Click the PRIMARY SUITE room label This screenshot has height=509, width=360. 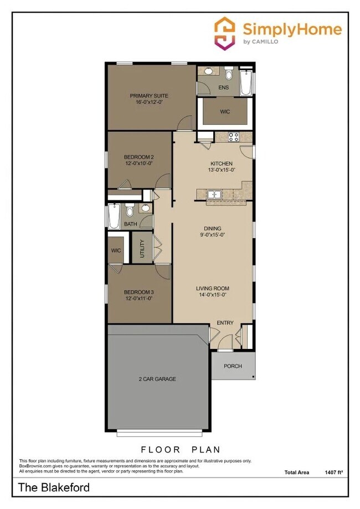click(x=149, y=99)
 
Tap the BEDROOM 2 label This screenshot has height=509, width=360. click(x=138, y=160)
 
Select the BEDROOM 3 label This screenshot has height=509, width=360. click(x=138, y=295)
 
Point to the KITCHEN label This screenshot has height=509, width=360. click(x=221, y=167)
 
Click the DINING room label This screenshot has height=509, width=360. click(x=212, y=231)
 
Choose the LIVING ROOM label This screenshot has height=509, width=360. click(x=212, y=291)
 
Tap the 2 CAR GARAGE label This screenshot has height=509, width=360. click(x=157, y=379)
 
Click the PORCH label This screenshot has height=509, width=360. click(x=233, y=366)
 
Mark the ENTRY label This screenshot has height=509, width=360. click(x=225, y=323)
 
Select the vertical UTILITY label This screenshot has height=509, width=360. click(x=142, y=248)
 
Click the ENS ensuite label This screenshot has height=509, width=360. click(x=224, y=88)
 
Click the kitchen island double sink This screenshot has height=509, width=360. click(x=214, y=194)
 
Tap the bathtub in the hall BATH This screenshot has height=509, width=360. click(x=114, y=217)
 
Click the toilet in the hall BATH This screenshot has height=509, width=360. click(x=130, y=210)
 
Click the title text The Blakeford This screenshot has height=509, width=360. click(x=54, y=488)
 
